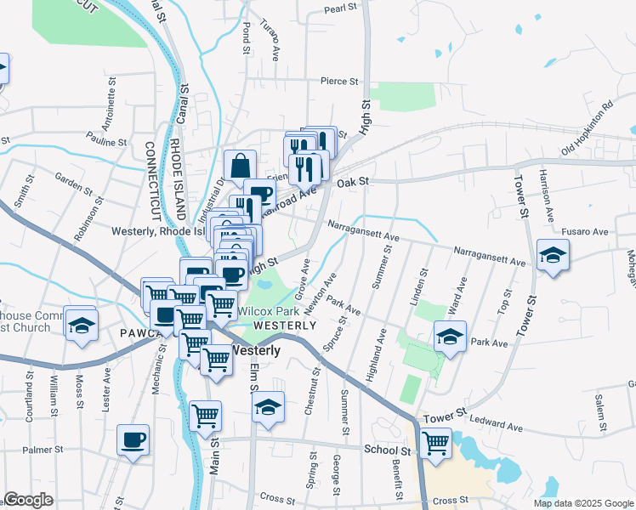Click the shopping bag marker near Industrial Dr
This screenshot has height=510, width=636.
(x=241, y=165)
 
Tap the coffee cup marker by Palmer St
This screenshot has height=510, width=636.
(x=133, y=439)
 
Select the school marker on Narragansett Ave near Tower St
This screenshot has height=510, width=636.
(x=553, y=254)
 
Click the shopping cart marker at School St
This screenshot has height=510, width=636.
(x=435, y=442)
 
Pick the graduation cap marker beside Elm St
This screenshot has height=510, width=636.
(x=268, y=406)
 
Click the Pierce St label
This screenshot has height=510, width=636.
(x=339, y=82)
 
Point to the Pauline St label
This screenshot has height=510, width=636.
(x=105, y=143)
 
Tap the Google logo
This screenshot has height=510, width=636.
(x=28, y=500)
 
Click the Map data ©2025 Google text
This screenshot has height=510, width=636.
(x=582, y=503)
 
